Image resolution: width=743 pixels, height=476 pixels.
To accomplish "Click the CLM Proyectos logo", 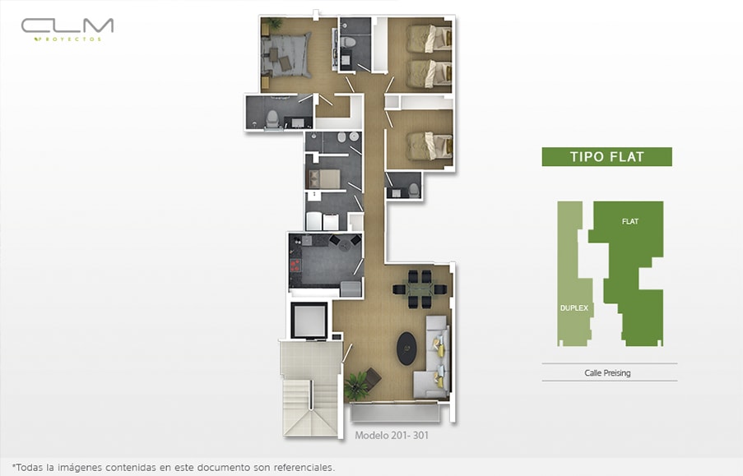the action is click(x=67, y=30).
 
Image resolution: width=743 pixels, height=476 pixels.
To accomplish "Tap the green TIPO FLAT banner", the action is click(x=606, y=157).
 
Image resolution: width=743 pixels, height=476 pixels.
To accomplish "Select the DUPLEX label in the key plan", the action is click(x=574, y=307).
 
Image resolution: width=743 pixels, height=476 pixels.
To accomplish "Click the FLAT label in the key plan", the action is click(x=629, y=221).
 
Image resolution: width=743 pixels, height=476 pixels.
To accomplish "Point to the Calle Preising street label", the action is click(x=607, y=372).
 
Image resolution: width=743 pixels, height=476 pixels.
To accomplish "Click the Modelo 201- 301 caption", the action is click(x=392, y=435).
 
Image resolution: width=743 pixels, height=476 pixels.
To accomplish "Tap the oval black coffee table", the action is click(x=406, y=349).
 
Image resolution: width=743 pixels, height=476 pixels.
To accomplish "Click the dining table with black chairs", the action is click(x=420, y=289).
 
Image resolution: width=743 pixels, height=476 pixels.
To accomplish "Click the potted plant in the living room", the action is click(x=356, y=385).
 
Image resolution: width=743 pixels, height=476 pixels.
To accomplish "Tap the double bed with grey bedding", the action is click(x=286, y=55).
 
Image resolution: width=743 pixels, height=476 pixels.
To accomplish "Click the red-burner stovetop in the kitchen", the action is click(x=295, y=266).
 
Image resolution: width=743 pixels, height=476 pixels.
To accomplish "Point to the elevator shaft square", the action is click(x=309, y=320).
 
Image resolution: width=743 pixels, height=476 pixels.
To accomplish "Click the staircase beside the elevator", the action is click(x=311, y=407).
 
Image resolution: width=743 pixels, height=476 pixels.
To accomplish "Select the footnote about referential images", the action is click(x=173, y=468).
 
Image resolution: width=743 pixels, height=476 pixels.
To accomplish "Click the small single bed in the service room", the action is click(x=324, y=179).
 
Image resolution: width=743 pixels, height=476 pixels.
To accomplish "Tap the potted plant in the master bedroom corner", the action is click(x=272, y=23).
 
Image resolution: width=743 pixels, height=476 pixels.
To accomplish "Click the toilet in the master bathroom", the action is click(x=272, y=119).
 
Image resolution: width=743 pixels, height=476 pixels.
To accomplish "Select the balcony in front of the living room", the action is click(x=395, y=411).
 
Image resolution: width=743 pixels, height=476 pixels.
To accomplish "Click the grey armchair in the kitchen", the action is click(x=351, y=289).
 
